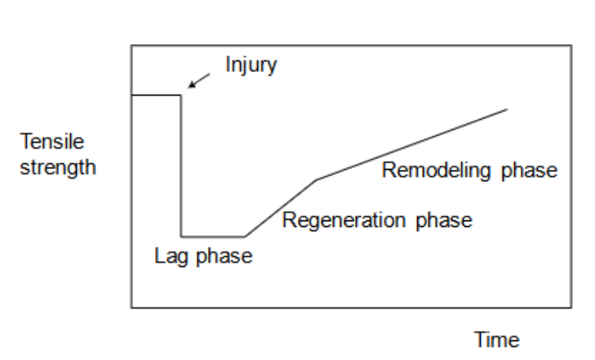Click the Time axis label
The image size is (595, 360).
(498, 340)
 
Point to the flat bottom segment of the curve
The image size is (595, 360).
(213, 236)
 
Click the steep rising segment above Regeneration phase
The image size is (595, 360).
(281, 207)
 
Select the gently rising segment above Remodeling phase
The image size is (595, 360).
(412, 144)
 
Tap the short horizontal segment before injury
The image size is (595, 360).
(156, 96)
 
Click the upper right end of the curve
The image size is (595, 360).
(508, 109)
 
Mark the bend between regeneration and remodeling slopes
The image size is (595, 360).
(317, 179)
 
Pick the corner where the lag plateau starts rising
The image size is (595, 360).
(245, 236)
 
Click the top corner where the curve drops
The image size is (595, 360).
(181, 96)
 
